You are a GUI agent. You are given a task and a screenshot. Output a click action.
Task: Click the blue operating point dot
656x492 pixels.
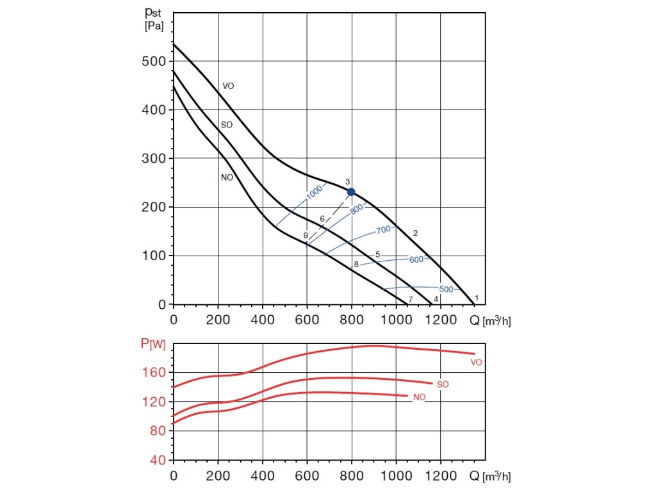coord(351,192)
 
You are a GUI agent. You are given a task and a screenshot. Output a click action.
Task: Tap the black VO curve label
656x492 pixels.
coord(227,86)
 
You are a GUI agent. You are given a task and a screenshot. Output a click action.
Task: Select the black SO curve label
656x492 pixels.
coord(226,125)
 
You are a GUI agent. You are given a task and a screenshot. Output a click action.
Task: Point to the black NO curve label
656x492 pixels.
coord(227,177)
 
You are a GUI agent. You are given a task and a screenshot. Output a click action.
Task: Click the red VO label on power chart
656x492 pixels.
coord(476,363)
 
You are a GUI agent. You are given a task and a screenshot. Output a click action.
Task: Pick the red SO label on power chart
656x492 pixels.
coord(442,384)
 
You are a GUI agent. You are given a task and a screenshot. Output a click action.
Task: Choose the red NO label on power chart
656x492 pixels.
coord(420,398)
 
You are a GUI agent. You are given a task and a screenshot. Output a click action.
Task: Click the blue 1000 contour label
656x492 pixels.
coord(315,194)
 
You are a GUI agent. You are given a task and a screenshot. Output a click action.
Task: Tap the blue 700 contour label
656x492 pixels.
coord(383,229)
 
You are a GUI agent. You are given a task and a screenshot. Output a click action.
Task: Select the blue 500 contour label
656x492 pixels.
coord(446,290)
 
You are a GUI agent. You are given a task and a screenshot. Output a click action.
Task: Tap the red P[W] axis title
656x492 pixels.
coord(152,344)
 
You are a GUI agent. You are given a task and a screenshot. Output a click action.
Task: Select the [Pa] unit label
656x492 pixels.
coord(155,27)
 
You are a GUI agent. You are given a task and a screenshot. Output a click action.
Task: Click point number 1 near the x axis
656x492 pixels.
coord(477,298)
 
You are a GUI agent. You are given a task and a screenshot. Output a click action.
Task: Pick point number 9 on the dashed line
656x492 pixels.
coord(306,236)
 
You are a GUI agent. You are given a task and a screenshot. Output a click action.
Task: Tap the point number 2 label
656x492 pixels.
coord(415,233)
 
